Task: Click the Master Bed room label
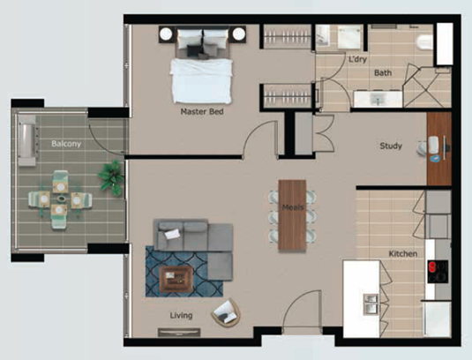point(202,112)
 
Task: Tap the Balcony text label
point(66,144)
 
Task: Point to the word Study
point(391,146)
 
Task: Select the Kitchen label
point(403,254)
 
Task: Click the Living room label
point(181,316)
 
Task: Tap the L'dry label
point(357,59)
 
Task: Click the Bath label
point(383,73)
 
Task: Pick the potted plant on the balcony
point(111,178)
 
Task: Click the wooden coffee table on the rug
point(176,279)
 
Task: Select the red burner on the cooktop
point(432,266)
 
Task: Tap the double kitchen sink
point(371,304)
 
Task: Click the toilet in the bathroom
point(425,42)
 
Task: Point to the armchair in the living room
point(226,313)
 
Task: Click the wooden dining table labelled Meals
point(292,215)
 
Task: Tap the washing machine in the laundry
point(348,37)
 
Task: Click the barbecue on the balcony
point(27,140)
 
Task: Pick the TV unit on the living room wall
point(179,332)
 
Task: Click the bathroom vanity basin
point(378,99)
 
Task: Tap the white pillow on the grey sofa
point(172,234)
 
